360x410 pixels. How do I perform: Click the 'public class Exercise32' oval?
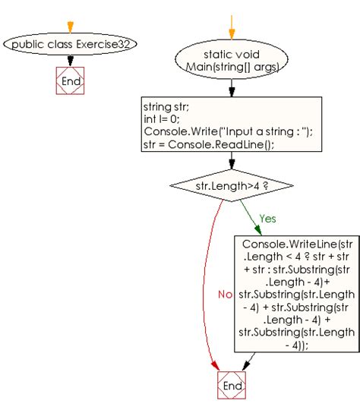click(x=71, y=44)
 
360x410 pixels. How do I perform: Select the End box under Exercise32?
click(x=71, y=80)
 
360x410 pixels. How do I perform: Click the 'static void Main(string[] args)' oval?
click(x=232, y=60)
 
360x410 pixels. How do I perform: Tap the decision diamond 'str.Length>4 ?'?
click(x=232, y=184)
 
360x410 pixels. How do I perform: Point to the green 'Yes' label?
click(x=267, y=218)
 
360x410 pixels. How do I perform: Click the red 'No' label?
click(x=224, y=294)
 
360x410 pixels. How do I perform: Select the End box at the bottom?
click(x=232, y=386)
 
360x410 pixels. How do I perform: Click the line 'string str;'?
click(x=166, y=106)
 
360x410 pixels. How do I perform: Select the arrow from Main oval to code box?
click(x=232, y=87)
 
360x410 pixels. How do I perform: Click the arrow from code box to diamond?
click(x=232, y=161)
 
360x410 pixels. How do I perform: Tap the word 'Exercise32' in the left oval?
click(x=107, y=44)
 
